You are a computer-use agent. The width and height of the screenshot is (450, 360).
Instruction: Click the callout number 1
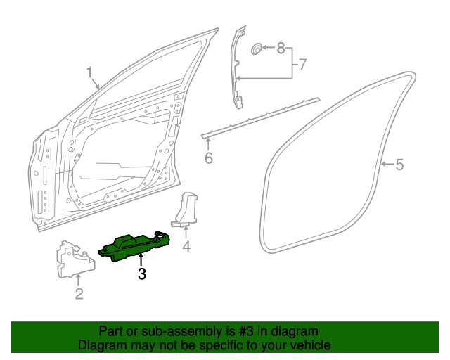pos(90,72)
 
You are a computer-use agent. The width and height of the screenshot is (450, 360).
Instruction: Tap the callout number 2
pos(79,294)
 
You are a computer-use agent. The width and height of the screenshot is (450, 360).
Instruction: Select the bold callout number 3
pos(142,274)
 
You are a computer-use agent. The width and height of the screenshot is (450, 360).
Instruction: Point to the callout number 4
pos(186,246)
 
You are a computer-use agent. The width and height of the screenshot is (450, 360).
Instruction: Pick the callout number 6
pos(208,158)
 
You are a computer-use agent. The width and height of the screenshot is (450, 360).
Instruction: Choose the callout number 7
pos(302,65)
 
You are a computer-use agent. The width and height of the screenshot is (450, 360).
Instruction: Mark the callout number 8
pos(281,49)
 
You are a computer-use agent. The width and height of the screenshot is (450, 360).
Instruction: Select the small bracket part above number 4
pos(187,210)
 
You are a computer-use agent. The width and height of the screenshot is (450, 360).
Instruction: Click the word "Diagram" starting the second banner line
pos(101,345)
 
